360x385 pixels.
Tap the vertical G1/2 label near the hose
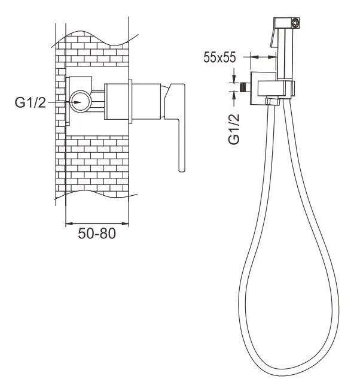(234, 129)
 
